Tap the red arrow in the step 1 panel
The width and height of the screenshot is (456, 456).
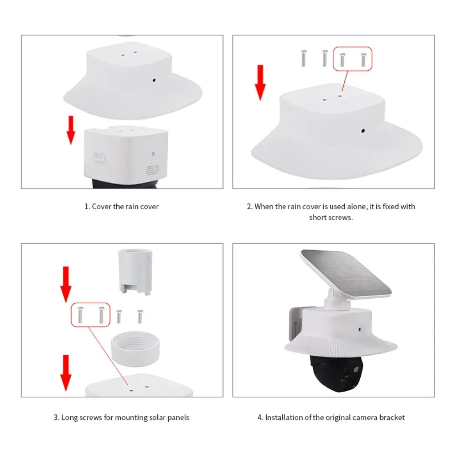tap(71, 130)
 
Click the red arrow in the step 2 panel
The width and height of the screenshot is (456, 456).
tap(260, 82)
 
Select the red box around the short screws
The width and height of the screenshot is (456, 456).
tap(352, 59)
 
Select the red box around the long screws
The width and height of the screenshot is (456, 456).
tap(91, 315)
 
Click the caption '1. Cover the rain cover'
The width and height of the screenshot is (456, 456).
tap(121, 207)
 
